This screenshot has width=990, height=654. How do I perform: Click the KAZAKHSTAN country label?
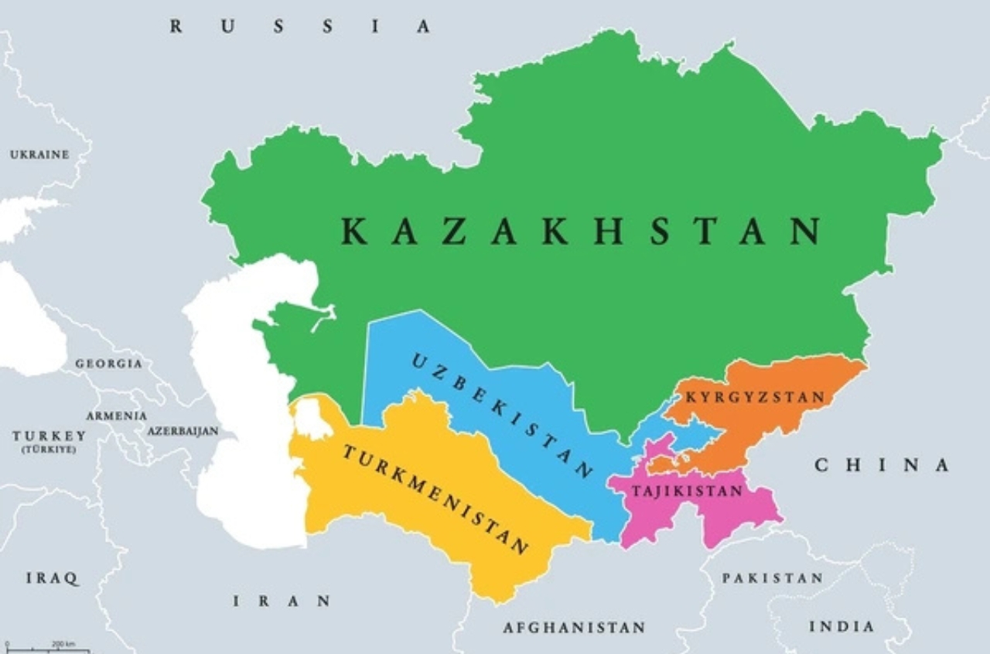(580, 231)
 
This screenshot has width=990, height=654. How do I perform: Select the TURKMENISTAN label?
(435, 499)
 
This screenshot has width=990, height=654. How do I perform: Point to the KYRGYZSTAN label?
(756, 398)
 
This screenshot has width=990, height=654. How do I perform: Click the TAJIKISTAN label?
(687, 491)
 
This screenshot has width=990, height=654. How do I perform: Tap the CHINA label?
(882, 465)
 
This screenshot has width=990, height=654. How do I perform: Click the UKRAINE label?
(39, 155)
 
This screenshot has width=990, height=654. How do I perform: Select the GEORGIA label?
(108, 364)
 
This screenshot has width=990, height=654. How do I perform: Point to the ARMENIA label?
(116, 416)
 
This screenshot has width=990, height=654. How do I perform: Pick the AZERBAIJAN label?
(183, 431)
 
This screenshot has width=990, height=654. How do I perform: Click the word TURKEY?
(49, 437)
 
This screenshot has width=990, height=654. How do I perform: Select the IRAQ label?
(52, 578)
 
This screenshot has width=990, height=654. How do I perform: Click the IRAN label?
(282, 601)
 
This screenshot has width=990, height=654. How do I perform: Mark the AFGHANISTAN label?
(574, 628)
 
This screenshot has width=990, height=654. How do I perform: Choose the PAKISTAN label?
(772, 578)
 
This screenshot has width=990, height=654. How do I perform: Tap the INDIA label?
(841, 626)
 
